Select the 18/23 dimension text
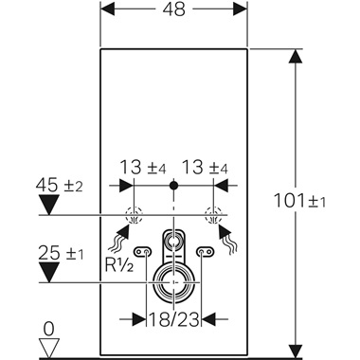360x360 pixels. click(171, 317)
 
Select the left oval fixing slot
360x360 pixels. click(144, 251)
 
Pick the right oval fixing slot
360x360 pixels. click(203, 251)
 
